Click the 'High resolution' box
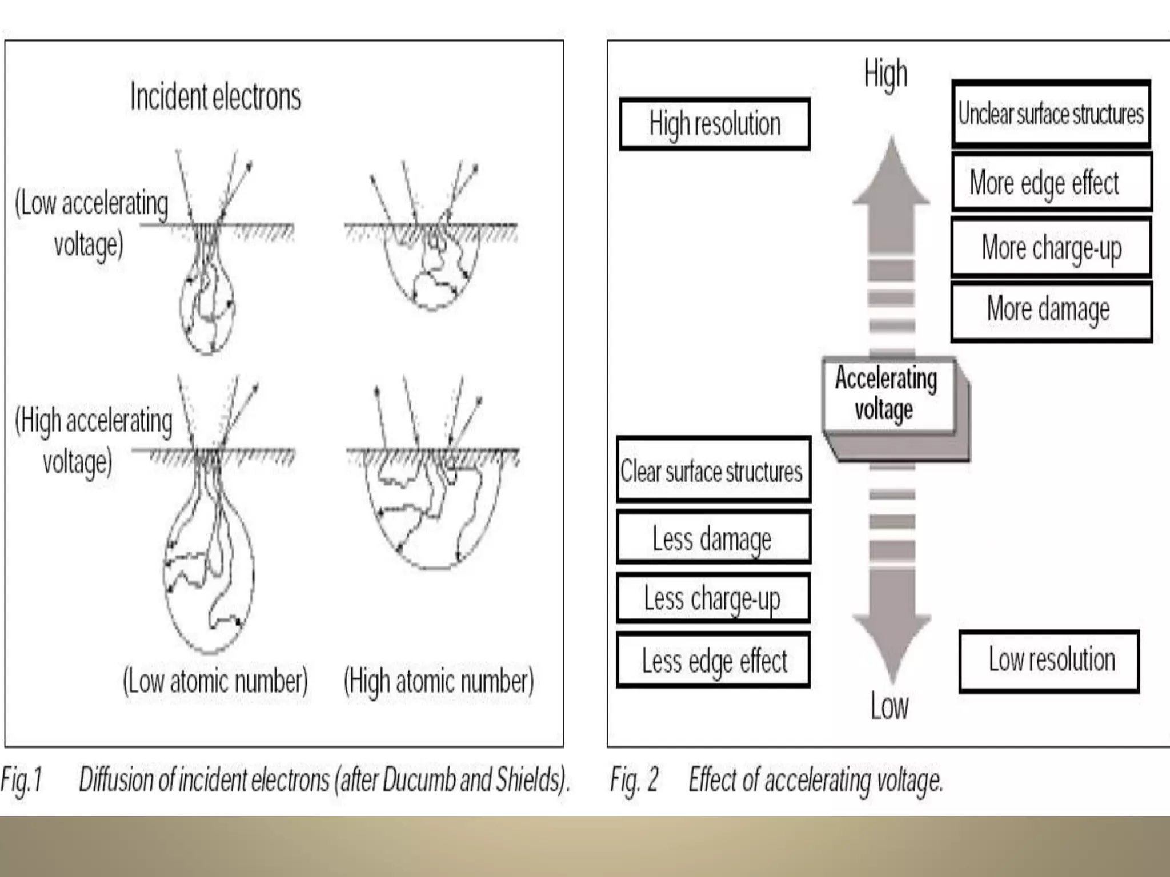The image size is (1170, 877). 715,124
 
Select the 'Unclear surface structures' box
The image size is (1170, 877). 1051,114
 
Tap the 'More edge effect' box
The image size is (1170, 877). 1051,183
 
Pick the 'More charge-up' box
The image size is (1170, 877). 1051,247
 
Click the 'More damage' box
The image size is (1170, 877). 1051,309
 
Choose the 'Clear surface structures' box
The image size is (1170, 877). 713,470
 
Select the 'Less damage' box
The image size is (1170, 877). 713,538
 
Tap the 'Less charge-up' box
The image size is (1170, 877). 713,598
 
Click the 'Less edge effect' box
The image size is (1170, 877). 713,660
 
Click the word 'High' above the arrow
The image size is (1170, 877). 885,74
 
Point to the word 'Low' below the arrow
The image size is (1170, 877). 889,706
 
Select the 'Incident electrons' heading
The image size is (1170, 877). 215,96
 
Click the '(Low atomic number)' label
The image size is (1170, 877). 215,681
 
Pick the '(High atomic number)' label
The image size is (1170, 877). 438,681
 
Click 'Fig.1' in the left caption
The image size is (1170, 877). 22,780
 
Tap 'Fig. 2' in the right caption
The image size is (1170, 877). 634,780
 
